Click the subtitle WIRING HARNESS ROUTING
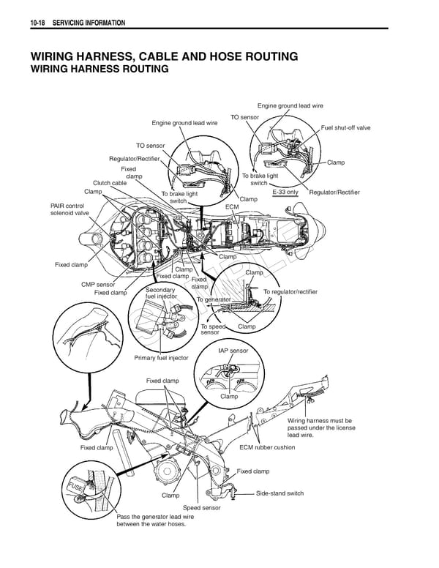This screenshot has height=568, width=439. tap(99, 70)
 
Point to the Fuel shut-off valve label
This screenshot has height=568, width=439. tap(345, 127)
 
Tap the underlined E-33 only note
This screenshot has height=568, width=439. tap(285, 192)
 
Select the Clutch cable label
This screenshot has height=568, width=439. tap(109, 183)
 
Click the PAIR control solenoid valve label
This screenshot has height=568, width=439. tap(67, 209)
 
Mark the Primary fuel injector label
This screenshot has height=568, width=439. tap(161, 358)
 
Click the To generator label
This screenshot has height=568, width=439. tap(213, 300)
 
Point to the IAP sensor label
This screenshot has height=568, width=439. tap(233, 351)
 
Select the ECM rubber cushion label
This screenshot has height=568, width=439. tap(267, 447)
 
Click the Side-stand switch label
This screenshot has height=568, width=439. tap(279, 493)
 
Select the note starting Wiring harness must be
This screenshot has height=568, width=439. tap(320, 427)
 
